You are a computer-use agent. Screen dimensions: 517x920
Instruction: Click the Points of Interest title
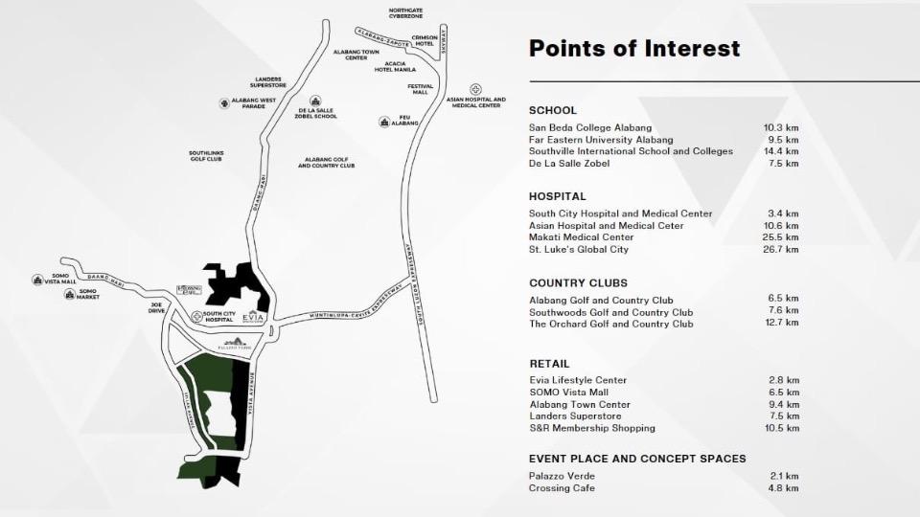(x=634, y=49)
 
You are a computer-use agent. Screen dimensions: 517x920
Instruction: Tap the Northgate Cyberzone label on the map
(x=406, y=13)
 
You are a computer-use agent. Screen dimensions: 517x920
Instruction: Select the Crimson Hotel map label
(x=425, y=40)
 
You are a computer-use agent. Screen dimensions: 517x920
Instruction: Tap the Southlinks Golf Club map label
(x=206, y=155)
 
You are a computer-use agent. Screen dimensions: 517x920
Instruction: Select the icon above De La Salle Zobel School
(x=314, y=101)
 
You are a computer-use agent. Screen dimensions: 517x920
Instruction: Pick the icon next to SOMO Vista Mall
(x=37, y=280)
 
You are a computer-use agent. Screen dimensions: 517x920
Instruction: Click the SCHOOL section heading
(x=553, y=110)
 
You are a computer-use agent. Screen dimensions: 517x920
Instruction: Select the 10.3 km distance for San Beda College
(x=781, y=127)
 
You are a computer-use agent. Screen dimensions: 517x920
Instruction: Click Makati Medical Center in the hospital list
(x=581, y=237)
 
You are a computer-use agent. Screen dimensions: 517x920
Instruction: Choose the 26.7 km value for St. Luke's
(x=781, y=250)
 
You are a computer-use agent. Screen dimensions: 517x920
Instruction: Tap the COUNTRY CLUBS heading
(x=578, y=283)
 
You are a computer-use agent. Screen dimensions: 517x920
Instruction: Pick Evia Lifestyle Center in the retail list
(x=578, y=380)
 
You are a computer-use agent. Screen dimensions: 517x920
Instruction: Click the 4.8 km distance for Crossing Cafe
(x=784, y=488)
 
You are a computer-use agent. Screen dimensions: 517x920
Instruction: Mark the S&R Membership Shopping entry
(x=592, y=428)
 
